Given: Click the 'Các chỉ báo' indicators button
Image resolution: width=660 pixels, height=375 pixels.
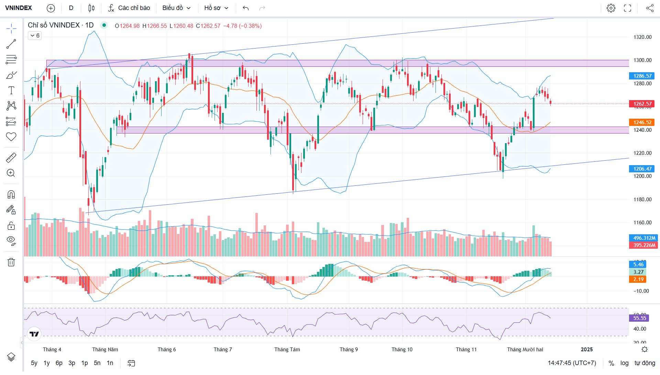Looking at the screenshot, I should point(129,8).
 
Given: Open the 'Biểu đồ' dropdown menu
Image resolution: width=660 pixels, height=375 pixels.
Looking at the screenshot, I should point(176,8).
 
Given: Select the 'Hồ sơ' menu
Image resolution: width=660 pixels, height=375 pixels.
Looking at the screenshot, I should point(216,8).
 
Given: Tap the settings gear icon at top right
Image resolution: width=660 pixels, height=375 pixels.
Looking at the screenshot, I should point(611,8).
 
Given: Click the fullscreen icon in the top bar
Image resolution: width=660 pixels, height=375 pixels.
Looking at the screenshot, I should point(627,8).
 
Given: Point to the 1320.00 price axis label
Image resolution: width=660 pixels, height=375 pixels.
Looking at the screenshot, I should point(642,37).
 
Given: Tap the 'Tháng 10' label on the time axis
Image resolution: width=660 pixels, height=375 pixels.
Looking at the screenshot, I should point(402,350).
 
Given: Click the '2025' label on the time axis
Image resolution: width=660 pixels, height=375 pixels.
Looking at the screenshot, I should point(587,350).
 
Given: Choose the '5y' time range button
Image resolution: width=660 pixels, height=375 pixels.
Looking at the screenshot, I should point(34,363).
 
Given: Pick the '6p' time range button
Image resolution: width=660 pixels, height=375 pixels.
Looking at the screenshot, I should point(59,363).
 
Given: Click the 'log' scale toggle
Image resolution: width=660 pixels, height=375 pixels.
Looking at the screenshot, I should point(624,363).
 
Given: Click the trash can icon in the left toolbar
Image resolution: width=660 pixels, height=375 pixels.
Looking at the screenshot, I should point(11,262).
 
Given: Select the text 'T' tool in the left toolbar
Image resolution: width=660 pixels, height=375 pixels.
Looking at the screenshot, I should point(11,90).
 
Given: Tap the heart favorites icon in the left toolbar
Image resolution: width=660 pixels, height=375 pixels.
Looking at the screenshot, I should point(11,137).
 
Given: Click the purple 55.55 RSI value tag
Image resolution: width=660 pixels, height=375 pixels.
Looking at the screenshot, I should point(640,318).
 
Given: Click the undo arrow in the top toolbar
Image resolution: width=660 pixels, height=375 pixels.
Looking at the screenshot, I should point(245,8).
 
